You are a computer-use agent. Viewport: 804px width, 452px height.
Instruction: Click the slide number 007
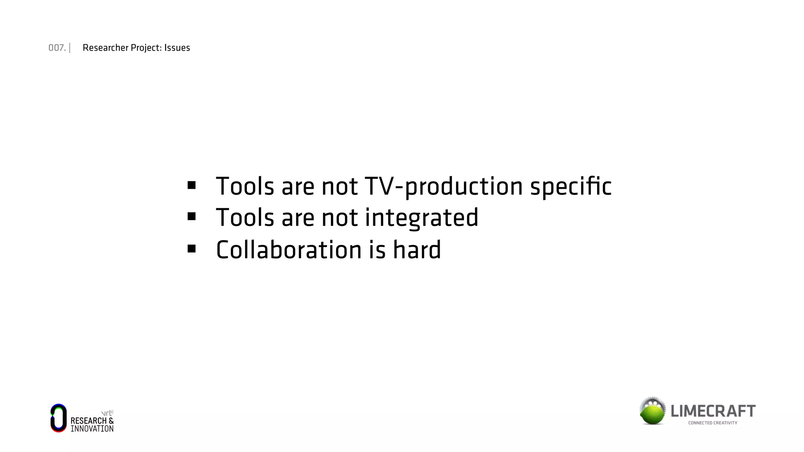(x=57, y=48)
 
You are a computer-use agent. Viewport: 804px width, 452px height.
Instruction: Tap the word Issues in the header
(x=177, y=48)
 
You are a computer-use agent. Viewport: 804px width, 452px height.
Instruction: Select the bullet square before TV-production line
(x=192, y=185)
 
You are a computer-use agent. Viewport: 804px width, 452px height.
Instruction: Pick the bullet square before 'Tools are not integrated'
(x=192, y=217)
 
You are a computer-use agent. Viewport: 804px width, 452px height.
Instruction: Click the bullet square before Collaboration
(x=192, y=249)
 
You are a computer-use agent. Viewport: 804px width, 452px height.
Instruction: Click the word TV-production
(x=444, y=186)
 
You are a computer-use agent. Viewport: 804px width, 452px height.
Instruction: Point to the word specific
(x=571, y=186)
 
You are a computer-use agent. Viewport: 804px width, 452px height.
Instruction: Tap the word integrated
(x=422, y=218)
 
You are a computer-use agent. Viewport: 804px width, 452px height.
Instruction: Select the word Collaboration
(x=289, y=250)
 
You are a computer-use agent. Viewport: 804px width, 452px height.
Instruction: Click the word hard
(x=417, y=250)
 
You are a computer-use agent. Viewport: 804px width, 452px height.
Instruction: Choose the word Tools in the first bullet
(x=245, y=186)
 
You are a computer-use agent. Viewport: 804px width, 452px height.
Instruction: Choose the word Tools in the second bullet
(x=245, y=218)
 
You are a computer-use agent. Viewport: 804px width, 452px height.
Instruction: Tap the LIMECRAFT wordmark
(x=713, y=411)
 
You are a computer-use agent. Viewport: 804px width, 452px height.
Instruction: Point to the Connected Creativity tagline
(x=713, y=423)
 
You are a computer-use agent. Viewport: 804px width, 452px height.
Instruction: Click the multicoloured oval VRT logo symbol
(x=58, y=418)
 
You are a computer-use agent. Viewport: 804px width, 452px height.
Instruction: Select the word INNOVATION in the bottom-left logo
(x=92, y=429)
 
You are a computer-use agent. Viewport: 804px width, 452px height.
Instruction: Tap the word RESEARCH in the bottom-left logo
(x=88, y=421)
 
